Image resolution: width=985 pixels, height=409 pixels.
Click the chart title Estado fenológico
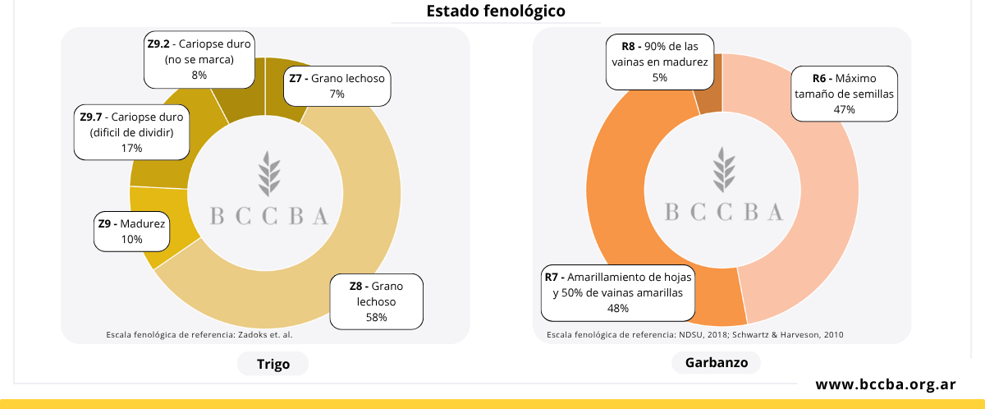[495, 11]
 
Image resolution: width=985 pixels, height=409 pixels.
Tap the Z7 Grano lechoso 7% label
[337, 86]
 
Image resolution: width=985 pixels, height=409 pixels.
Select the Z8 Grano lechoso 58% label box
[377, 301]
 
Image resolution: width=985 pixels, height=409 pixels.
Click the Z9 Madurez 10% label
[131, 231]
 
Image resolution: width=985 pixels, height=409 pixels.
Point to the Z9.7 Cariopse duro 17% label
[131, 132]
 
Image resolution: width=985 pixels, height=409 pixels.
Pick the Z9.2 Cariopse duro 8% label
[199, 59]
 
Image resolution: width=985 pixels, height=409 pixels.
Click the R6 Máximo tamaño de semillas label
[843, 94]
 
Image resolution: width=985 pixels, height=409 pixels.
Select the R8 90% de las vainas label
[659, 61]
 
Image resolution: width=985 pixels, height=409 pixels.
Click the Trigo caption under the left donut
[273, 364]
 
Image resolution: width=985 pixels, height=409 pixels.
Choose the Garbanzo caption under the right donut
[716, 362]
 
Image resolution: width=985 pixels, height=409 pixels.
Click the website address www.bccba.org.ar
[885, 384]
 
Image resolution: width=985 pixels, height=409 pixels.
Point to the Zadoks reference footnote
[199, 335]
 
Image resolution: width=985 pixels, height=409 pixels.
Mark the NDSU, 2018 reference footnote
[694, 335]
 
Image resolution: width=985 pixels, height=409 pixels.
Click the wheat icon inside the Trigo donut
[269, 173]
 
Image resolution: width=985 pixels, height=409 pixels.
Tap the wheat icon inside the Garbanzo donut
[723, 168]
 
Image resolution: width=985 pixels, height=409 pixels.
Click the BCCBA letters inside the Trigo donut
[269, 216]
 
